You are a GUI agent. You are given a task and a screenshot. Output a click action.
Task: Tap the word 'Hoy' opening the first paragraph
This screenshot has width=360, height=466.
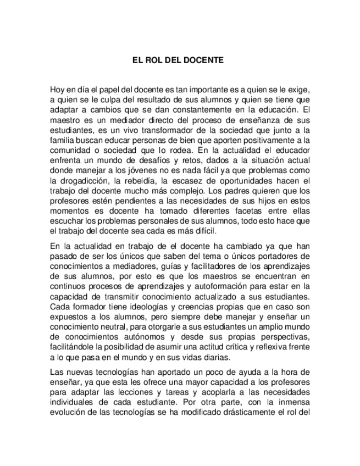(x=57, y=90)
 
